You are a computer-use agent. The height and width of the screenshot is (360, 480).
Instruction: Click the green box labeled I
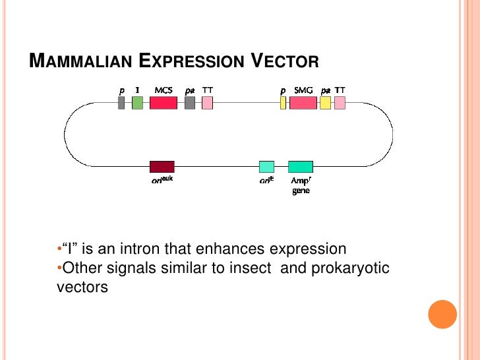coord(137,103)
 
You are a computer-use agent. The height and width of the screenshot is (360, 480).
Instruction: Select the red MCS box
coord(163,103)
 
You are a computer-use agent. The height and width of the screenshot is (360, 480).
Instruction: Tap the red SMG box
coord(303,103)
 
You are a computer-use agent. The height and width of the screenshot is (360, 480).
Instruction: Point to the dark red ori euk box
coord(162,166)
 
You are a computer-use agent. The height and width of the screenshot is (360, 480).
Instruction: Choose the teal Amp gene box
coord(300,166)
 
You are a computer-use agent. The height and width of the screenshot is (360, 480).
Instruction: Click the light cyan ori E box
coord(266,166)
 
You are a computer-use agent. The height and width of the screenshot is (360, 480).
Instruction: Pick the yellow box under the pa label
coord(325,103)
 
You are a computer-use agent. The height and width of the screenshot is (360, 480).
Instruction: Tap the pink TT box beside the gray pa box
coord(207,103)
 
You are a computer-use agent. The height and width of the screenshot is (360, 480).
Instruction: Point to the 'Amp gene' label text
coord(300,186)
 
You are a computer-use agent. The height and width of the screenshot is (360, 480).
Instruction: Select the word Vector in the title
coord(287,63)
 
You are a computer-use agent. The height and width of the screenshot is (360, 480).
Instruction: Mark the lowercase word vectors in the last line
coord(79,288)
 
